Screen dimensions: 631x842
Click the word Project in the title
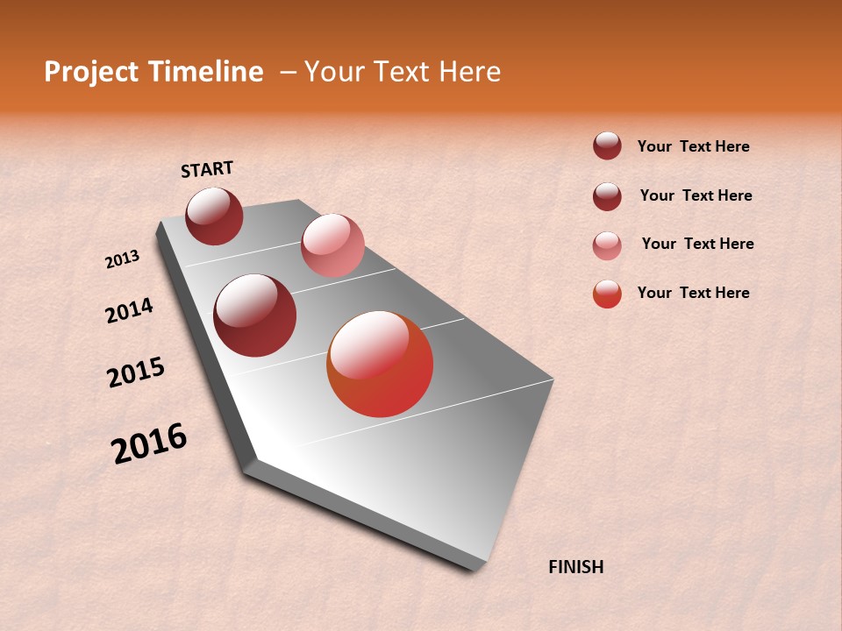pos(89,72)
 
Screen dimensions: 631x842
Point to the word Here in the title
pos(469,72)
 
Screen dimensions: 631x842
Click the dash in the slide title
pos(287,73)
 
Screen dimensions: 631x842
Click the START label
pos(207,169)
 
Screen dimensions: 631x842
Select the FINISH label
pos(575,567)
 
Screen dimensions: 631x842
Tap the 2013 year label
pos(123,259)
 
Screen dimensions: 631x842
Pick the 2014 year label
pos(130,310)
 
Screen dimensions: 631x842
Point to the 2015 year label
pos(136,372)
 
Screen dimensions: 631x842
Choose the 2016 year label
pos(149,443)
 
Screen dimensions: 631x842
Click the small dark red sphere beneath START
pos(214,216)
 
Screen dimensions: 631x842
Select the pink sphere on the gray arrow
pos(332,245)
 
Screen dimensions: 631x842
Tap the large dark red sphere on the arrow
pos(255,315)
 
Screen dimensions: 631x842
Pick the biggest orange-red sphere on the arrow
pos(380,364)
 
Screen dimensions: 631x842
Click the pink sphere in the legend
pos(607,245)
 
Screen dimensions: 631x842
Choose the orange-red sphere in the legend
pos(607,294)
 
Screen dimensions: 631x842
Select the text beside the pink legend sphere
pos(697,244)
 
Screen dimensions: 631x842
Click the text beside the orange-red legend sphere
pos(693,293)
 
